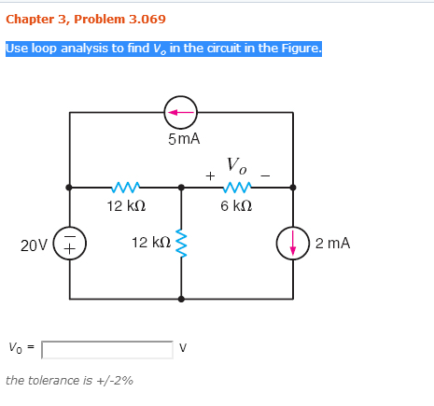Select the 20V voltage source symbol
pos(69,244)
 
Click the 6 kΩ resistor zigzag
pos(237,188)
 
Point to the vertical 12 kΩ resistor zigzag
pos(181,244)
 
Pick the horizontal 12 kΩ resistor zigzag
pos(126,188)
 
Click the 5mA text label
pos(184,139)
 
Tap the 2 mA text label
pos(332,243)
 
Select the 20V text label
pos(34,245)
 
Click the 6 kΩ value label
pos(236,206)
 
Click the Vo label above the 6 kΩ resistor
pos(236,165)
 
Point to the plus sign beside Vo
pos(210,175)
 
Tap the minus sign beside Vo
pos(265,176)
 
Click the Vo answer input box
pos(107,350)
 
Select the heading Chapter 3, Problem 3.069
pos(86,20)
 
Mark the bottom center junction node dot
pos(181,299)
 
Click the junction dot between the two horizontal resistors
pos(181,188)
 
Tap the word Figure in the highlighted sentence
pos(301,49)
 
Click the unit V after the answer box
pos(183,347)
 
